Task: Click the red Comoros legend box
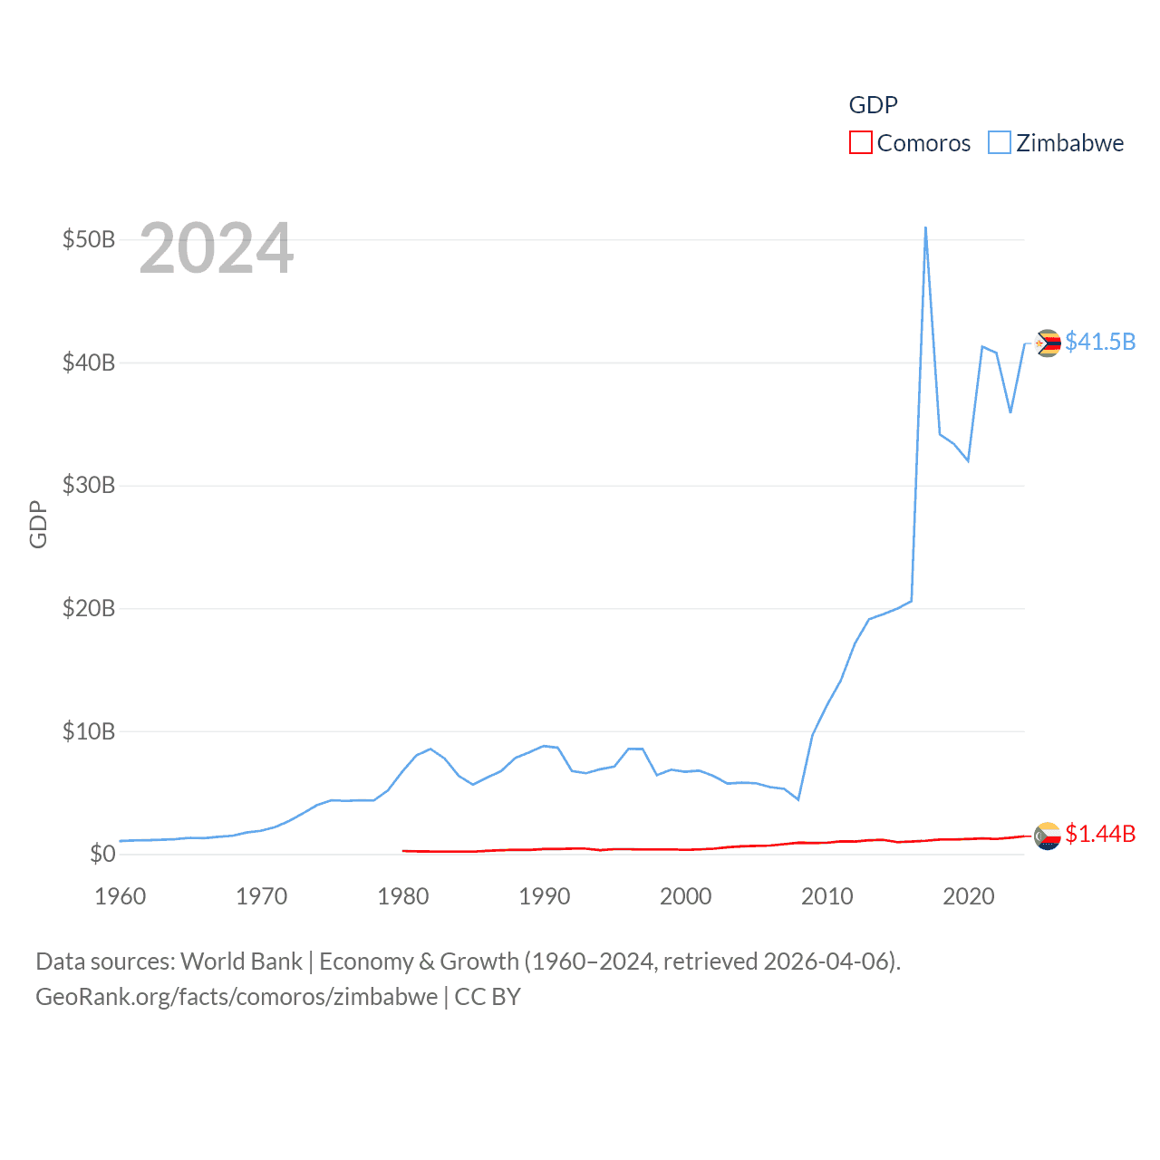coord(860,143)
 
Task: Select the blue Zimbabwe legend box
coord(999,143)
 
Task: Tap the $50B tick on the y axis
coord(89,239)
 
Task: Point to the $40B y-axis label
coord(89,362)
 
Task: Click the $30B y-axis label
coord(89,485)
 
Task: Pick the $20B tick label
coord(89,608)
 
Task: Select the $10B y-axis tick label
coord(89,731)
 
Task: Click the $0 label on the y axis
coord(102,854)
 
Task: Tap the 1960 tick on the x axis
coord(121,896)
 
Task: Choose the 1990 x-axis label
coord(544,896)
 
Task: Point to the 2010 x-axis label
coord(826,896)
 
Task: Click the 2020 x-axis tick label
coord(969,896)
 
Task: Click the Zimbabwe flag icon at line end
coord(1048,343)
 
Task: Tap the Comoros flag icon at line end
coord(1048,836)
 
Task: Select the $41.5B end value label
coord(1100,342)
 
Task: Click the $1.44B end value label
coord(1100,834)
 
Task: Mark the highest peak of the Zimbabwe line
coord(925,227)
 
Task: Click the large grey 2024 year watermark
coord(217,248)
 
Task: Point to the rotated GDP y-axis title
coord(38,524)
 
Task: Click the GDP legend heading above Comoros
coord(873,105)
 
